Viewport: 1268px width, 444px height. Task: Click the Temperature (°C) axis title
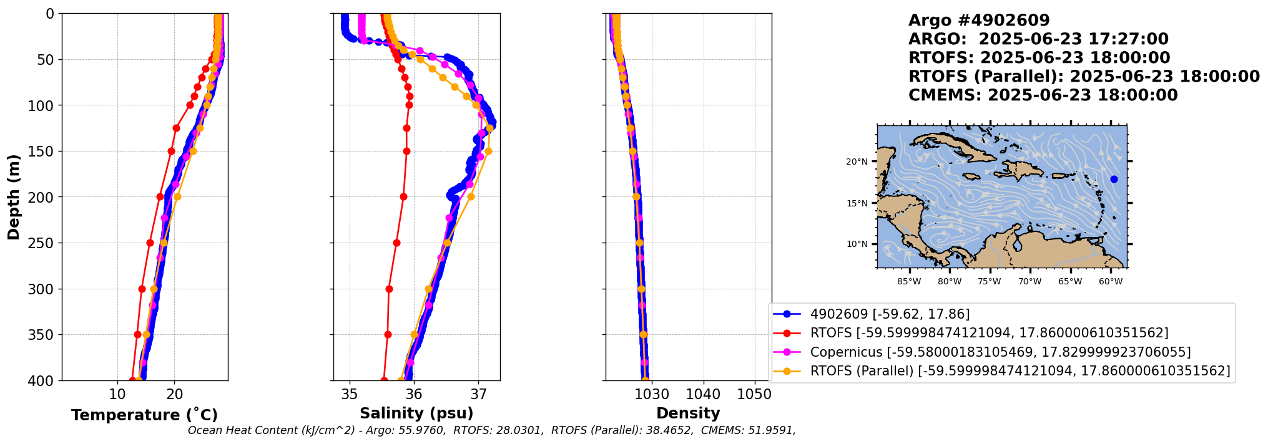click(144, 415)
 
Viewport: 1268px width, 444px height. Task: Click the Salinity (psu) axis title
click(416, 413)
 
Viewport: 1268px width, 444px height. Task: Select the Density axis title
click(688, 413)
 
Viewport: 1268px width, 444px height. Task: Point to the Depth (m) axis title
click(14, 197)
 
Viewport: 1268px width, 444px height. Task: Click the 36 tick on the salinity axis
click(414, 394)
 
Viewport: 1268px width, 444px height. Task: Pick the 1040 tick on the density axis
click(703, 394)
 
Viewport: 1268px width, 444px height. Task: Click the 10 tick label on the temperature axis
click(117, 394)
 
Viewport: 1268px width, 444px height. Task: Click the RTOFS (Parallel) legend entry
click(1020, 371)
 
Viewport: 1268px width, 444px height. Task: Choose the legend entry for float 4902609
click(890, 314)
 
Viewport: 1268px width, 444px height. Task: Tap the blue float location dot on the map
click(1114, 180)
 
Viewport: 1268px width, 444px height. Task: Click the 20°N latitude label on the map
click(857, 162)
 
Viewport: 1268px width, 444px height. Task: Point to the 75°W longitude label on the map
click(990, 282)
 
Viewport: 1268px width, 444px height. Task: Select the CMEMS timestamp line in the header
click(1043, 95)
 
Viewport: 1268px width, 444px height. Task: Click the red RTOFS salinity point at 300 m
click(389, 289)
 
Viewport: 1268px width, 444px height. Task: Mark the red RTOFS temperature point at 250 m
click(150, 243)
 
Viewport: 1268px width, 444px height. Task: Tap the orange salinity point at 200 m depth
click(471, 197)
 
